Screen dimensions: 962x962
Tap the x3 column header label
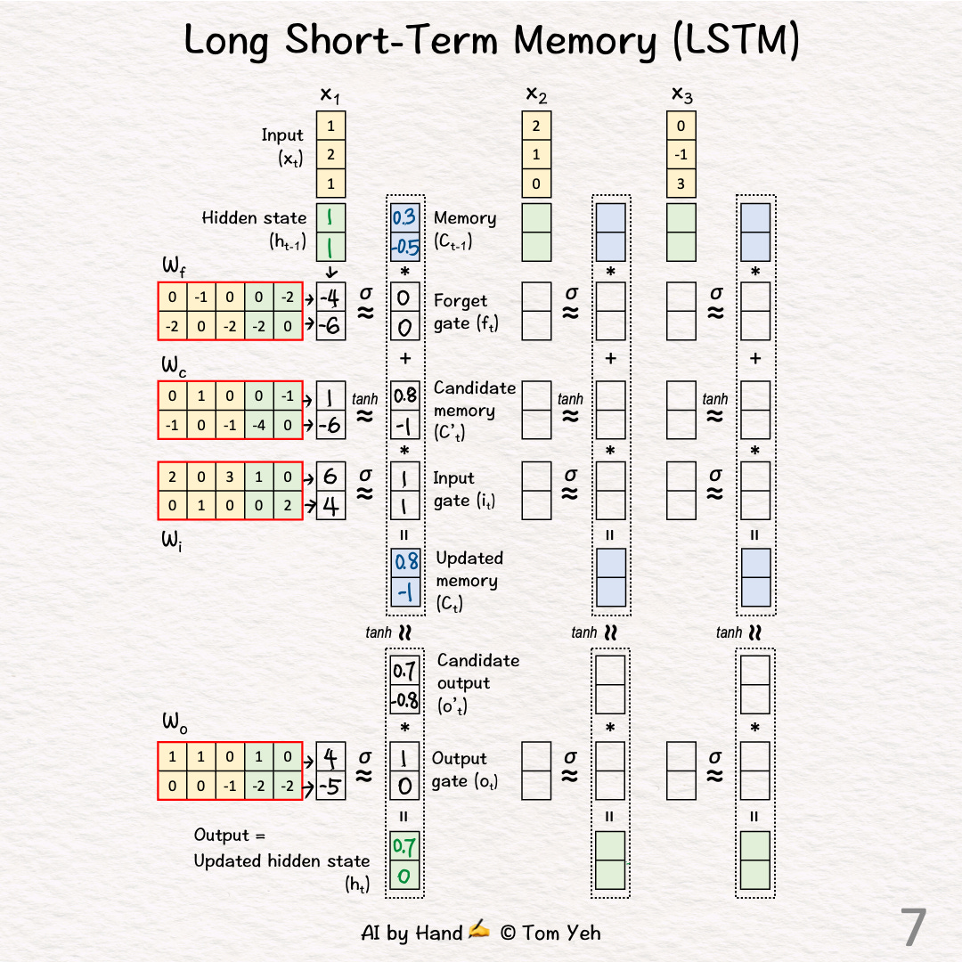(681, 94)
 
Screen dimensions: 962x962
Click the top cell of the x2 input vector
(536, 126)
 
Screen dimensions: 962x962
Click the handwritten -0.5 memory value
(405, 246)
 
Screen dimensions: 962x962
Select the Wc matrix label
(172, 365)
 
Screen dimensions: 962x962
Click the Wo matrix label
(172, 723)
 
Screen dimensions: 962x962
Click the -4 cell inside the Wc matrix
(259, 425)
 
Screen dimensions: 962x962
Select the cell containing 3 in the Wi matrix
(231, 477)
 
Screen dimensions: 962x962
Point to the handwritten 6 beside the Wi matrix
(331, 477)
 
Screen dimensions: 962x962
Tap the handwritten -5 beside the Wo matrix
(330, 786)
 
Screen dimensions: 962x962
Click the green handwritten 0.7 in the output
(405, 846)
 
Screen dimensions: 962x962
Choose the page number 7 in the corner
(914, 927)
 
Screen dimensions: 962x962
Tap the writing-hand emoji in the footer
(479, 931)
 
